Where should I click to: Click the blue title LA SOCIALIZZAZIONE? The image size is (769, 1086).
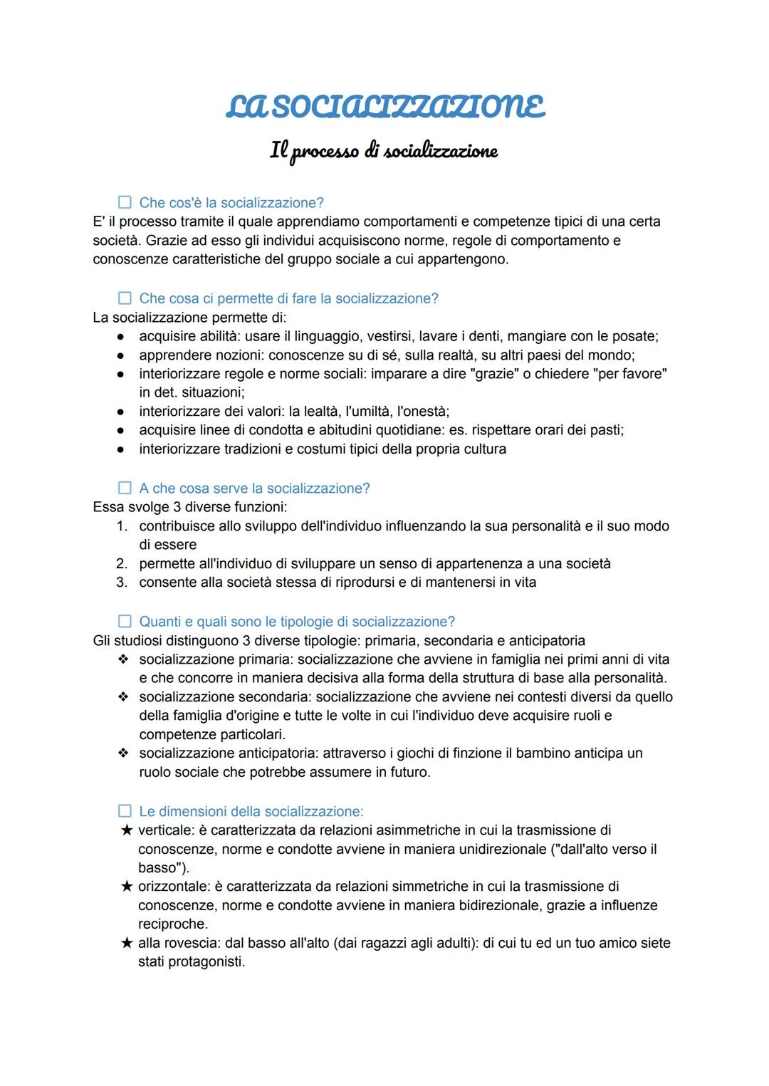(385, 107)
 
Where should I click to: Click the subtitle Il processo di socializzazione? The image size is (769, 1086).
(384, 151)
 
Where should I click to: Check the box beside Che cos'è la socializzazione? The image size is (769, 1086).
(125, 202)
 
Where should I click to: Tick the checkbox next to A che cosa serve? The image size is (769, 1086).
(125, 488)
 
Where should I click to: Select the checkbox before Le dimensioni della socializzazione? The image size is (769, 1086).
(125, 811)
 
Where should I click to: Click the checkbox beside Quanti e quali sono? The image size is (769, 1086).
(125, 621)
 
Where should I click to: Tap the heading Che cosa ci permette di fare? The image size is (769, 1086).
(288, 298)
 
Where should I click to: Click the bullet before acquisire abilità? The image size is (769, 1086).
(121, 336)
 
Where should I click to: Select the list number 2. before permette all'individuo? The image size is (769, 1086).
(122, 563)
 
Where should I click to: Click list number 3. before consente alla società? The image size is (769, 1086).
(122, 583)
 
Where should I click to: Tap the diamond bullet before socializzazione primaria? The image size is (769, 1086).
(123, 659)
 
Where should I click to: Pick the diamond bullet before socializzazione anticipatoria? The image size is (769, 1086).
(123, 753)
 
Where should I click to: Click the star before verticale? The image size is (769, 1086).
(127, 830)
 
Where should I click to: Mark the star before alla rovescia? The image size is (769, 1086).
(127, 943)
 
